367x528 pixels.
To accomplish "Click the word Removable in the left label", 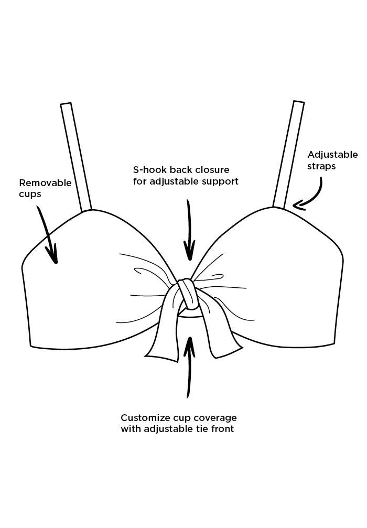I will (45, 183).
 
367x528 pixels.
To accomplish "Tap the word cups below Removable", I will (30, 194).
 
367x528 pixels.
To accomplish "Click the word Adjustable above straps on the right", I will (332, 155).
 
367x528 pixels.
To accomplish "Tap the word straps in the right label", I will (321, 166).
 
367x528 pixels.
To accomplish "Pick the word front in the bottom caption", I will (222, 429).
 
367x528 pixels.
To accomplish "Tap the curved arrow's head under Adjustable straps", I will (298, 206).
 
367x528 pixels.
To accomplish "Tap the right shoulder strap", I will (289, 154).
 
